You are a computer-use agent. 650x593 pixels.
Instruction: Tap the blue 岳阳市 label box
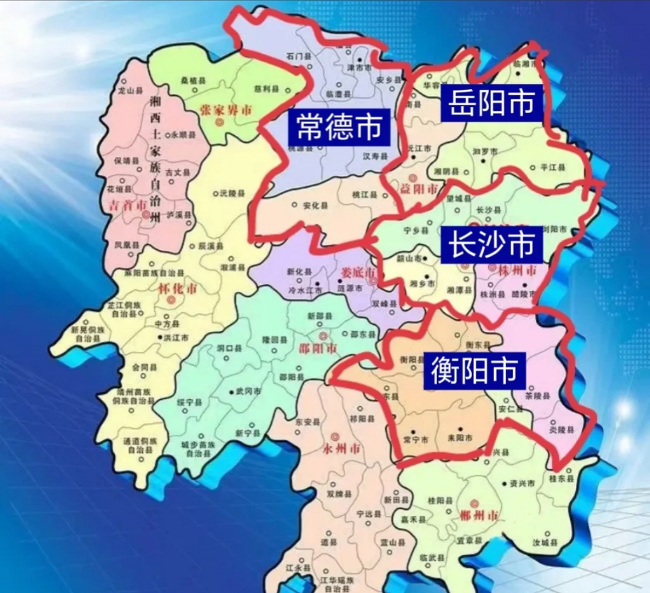coord(492,102)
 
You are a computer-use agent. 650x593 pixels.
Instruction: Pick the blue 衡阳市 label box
coord(474,371)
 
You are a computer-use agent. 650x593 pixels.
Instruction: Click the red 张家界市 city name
coord(226,110)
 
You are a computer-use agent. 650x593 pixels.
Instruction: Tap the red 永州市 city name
coord(343,448)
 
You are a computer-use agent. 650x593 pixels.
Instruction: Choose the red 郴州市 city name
coord(479,515)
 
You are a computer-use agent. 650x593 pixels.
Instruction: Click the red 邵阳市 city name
coord(318,348)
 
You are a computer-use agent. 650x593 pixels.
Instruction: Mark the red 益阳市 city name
coord(419,189)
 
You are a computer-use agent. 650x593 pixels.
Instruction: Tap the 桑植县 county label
coord(193,80)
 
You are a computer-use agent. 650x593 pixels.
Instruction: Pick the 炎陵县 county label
coord(562,430)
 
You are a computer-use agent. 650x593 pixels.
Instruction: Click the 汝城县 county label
coord(545,542)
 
